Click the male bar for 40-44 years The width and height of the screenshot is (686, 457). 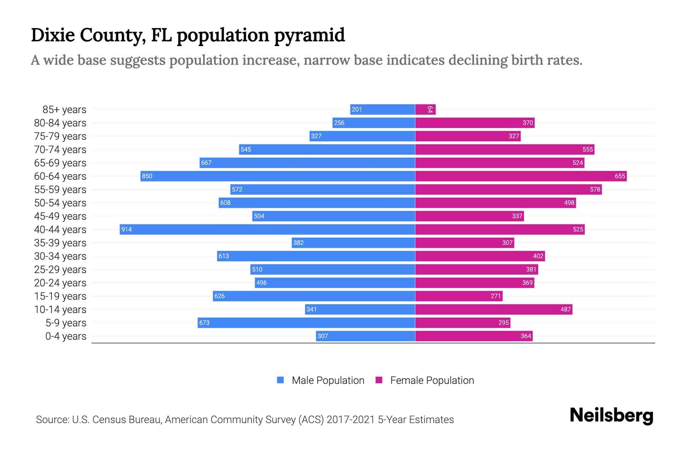pos(267,229)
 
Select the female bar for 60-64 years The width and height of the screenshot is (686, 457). pos(521,176)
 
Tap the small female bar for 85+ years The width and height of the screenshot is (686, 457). pos(425,110)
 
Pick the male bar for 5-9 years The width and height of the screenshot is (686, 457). pos(306,323)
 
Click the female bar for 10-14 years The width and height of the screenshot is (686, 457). pos(494,309)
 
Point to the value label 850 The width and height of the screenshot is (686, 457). pos(147,176)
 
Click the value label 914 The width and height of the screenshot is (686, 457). pos(127,229)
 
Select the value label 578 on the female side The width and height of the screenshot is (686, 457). pos(595,189)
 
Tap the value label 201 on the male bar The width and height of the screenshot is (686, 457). pos(357,110)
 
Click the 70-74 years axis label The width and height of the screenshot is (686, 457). pos(60,150)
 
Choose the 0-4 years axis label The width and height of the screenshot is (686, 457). pos(66,336)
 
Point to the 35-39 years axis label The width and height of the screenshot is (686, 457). pos(60,243)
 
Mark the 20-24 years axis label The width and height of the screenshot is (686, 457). pos(60,283)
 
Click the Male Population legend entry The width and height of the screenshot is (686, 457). pos(328,380)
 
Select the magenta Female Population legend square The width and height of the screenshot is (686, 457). pos(379,380)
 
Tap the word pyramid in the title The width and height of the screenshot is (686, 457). pos(309,35)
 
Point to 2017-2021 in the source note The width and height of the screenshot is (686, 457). pos(351,420)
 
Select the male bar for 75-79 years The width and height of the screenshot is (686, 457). pos(362,136)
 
